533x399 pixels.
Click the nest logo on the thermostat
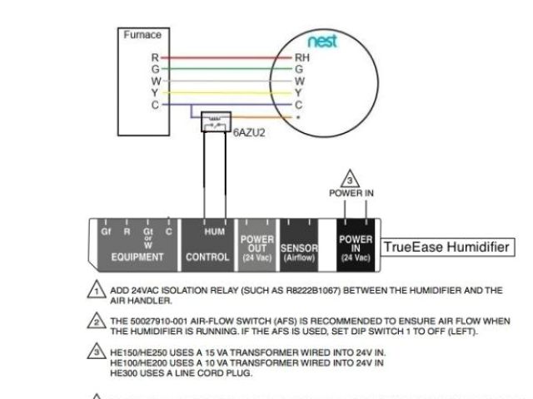click(322, 42)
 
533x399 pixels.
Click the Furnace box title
click(142, 35)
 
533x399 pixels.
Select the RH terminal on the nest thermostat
click(301, 57)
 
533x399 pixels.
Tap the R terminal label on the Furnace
click(154, 57)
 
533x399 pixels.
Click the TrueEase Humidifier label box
click(446, 247)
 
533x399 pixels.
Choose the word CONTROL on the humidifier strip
click(208, 257)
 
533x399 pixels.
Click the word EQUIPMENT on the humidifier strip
click(134, 257)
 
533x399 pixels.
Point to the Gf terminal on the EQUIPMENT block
click(106, 232)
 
